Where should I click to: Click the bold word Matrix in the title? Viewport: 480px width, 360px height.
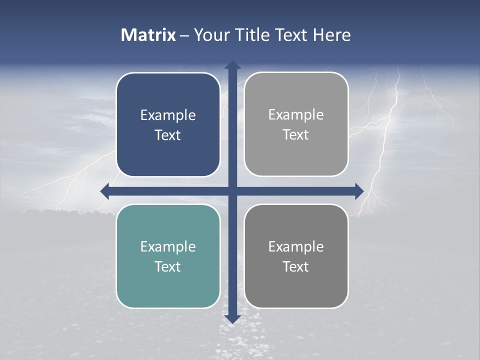click(148, 35)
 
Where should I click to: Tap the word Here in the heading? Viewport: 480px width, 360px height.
click(332, 35)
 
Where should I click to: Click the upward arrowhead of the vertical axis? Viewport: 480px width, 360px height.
click(232, 65)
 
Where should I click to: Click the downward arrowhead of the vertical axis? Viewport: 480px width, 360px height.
click(232, 318)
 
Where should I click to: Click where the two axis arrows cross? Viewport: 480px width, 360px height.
click(232, 191)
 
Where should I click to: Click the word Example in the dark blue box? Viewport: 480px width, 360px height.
click(168, 115)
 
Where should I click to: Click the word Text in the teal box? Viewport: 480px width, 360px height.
click(168, 266)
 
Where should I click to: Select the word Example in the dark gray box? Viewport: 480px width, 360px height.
click(296, 246)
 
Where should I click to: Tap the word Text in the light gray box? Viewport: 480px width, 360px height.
click(296, 134)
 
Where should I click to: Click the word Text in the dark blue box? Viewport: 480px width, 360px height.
click(168, 135)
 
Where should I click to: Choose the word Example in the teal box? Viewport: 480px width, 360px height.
click(168, 246)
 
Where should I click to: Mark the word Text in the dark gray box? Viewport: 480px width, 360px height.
click(296, 266)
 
